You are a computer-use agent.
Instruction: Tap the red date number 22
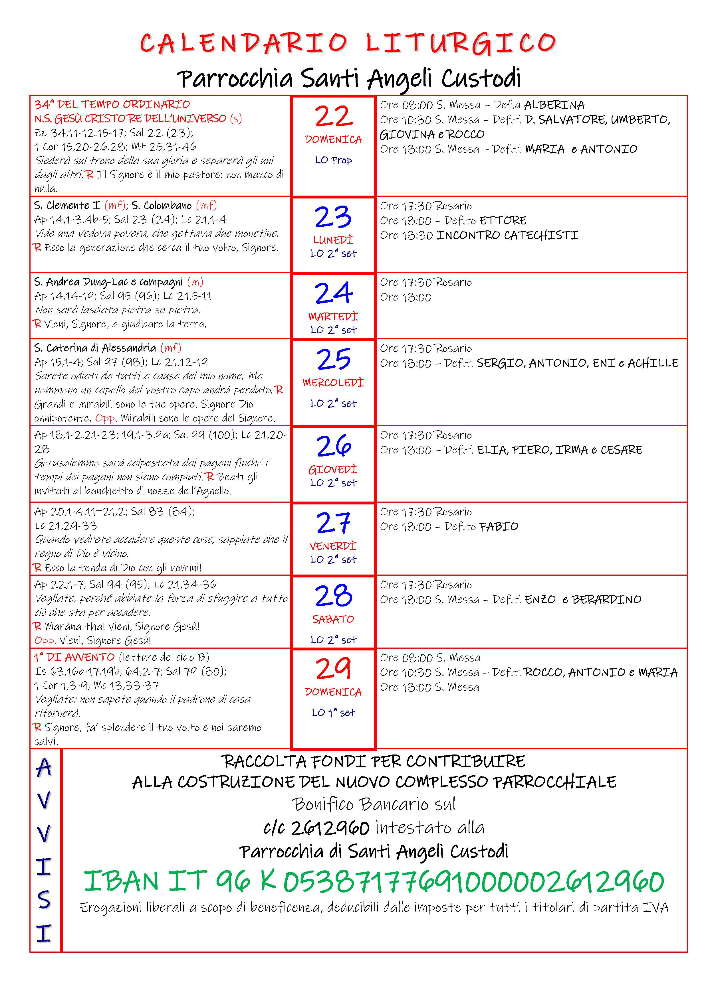333,117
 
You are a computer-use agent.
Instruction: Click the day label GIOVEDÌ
333,469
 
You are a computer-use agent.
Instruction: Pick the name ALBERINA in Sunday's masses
554,105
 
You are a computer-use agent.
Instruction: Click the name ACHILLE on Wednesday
653,363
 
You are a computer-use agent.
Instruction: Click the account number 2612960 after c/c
330,828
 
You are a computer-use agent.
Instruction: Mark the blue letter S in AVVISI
44,899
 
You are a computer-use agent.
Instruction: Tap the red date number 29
333,669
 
